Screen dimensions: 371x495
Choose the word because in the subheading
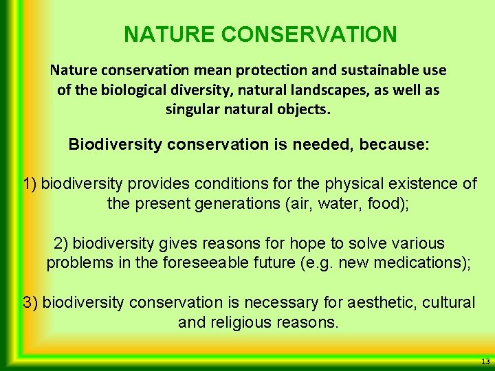pyautogui.click(x=387, y=145)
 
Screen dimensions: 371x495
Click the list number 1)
pyautogui.click(x=30, y=183)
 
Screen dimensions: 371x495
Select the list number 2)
pyautogui.click(x=61, y=243)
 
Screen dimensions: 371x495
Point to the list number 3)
pyautogui.click(x=30, y=303)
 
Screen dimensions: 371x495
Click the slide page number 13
pyautogui.click(x=485, y=361)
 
